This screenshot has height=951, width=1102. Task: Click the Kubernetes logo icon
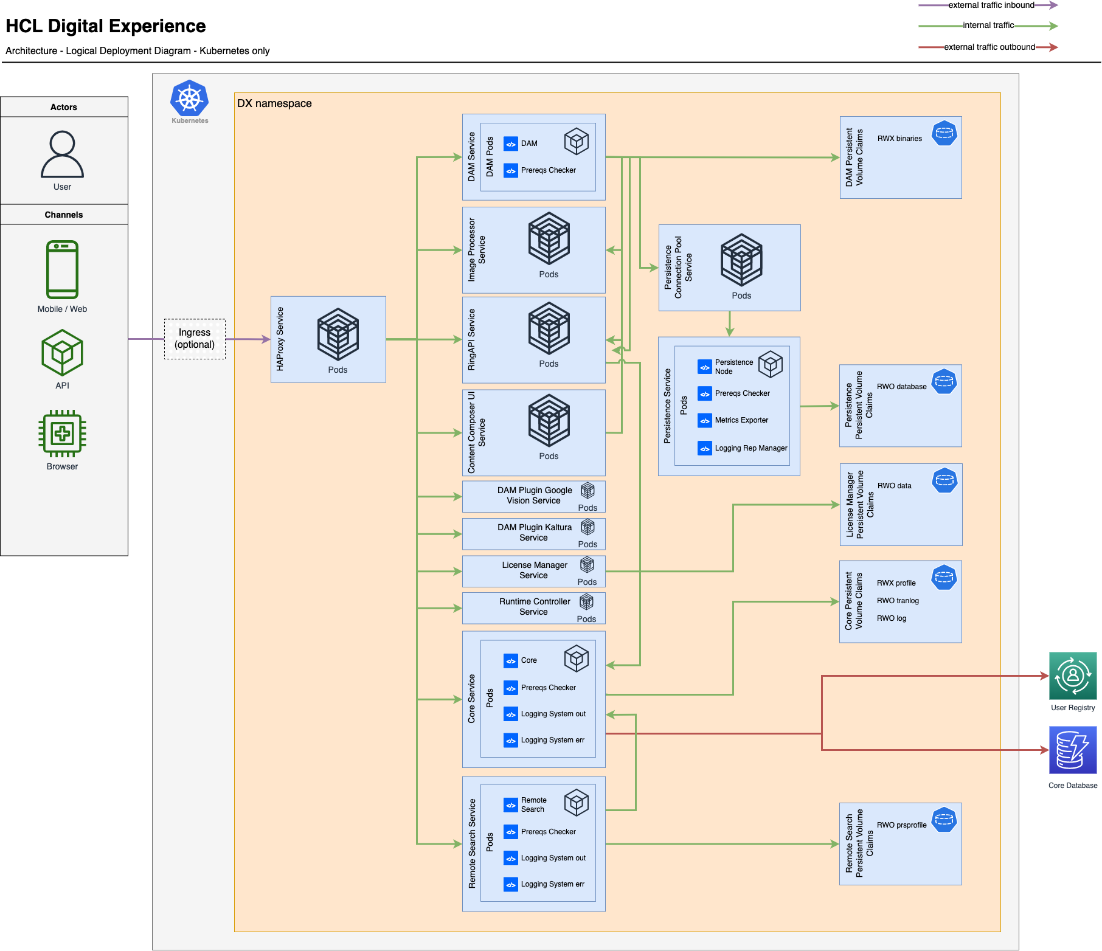click(x=190, y=99)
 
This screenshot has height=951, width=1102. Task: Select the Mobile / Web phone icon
click(x=62, y=269)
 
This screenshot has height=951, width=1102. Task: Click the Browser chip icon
click(x=62, y=434)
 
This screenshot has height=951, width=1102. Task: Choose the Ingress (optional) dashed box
click(x=195, y=339)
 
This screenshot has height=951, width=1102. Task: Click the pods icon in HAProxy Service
click(x=338, y=334)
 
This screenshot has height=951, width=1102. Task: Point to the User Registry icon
click(x=1073, y=676)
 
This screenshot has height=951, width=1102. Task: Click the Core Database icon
click(x=1073, y=750)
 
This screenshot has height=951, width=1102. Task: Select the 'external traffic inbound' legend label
click(x=991, y=5)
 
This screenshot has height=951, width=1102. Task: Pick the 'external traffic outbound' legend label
click(x=989, y=47)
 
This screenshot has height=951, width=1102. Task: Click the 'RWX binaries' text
click(x=899, y=139)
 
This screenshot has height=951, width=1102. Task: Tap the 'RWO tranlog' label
click(x=898, y=601)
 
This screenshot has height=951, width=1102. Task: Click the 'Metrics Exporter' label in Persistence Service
click(x=741, y=420)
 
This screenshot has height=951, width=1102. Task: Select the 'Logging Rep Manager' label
click(x=751, y=448)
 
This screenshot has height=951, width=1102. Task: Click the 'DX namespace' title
click(x=274, y=103)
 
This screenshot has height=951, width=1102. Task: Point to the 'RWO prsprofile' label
click(x=901, y=825)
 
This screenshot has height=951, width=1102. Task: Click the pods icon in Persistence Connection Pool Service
click(x=741, y=260)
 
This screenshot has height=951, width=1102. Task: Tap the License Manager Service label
click(x=534, y=570)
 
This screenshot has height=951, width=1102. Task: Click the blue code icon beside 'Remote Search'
click(x=511, y=805)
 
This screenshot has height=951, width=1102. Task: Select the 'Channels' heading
click(x=64, y=215)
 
